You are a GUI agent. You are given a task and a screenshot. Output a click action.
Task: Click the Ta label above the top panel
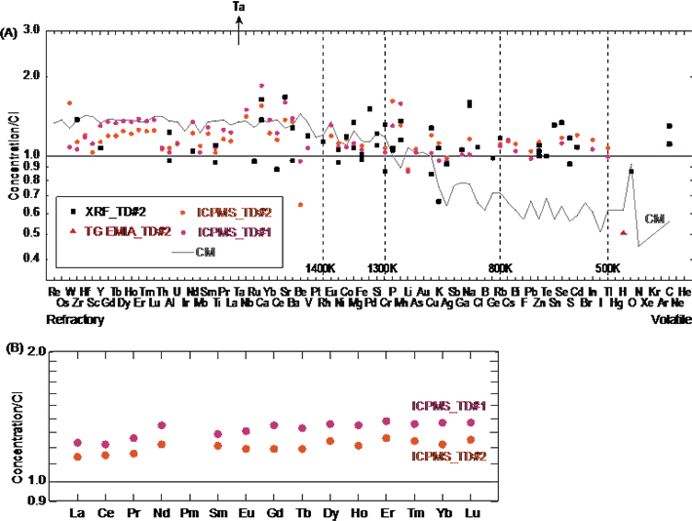[240, 7]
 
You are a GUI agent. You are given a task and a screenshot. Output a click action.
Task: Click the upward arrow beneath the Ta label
[240, 30]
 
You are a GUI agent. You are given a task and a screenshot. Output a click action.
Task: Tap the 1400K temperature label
[321, 267]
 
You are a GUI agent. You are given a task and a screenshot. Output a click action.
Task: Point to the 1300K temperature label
[383, 267]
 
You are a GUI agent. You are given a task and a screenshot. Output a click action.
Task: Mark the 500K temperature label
[607, 267]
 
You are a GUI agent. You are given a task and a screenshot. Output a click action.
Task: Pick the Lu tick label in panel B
[473, 511]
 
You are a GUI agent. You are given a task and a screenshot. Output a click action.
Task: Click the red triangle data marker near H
[623, 232]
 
